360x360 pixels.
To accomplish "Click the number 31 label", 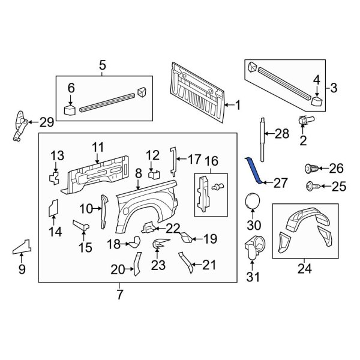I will (x=254, y=277).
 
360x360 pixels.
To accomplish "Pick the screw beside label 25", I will (x=311, y=186).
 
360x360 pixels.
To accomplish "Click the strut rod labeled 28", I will (x=262, y=134).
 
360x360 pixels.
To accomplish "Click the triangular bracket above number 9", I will (x=22, y=247).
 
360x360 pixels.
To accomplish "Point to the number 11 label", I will (x=98, y=147).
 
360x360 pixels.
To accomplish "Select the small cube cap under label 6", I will (x=70, y=110).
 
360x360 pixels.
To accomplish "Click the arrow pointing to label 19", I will (x=196, y=239).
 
